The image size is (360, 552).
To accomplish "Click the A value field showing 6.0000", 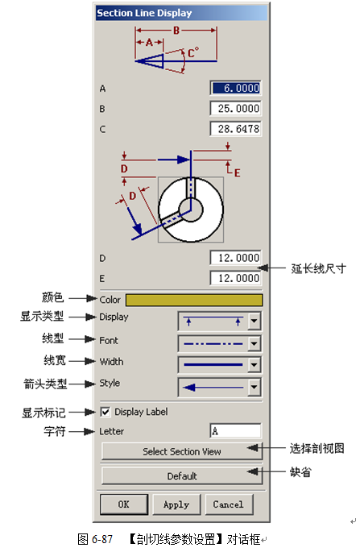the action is (x=236, y=88).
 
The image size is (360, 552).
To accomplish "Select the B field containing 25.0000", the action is (x=236, y=109).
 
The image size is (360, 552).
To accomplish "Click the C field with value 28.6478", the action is (x=236, y=129).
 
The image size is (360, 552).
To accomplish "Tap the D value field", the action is (x=236, y=258).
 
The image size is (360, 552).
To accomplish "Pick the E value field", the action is (x=236, y=279).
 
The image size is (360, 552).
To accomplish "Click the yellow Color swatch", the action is (x=194, y=300).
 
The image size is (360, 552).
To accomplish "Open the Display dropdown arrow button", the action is (x=254, y=321).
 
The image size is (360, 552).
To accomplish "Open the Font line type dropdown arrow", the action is (x=254, y=344).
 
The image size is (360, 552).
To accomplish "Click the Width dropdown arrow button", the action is (x=254, y=365).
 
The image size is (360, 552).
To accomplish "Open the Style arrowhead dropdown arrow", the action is (x=254, y=388).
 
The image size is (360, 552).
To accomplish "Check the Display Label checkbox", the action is (x=106, y=412).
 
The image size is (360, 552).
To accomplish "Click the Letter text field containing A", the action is (x=236, y=431).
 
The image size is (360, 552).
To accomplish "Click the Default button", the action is (x=181, y=476).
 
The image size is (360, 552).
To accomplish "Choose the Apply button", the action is (x=176, y=504).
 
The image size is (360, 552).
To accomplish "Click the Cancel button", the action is (x=229, y=504).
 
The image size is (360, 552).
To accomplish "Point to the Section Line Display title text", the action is (x=144, y=13).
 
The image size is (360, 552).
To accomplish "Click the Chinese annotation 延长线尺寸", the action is (x=318, y=268).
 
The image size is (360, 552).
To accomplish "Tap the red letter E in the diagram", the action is (x=238, y=172).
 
